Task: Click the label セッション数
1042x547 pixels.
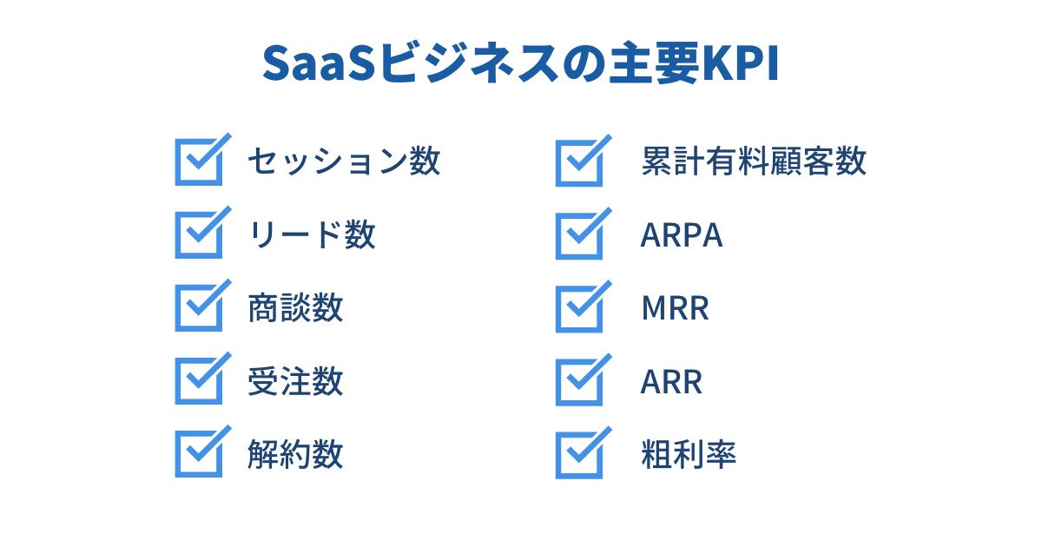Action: point(344,161)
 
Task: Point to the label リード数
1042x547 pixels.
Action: point(312,234)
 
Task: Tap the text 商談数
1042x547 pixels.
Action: point(295,307)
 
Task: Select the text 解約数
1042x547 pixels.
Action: point(295,454)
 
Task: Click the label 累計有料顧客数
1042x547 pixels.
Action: point(754,161)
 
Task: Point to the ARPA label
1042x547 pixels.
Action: point(682,235)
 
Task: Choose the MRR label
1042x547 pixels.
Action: point(676,308)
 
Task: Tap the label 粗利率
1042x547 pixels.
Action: point(689,454)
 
